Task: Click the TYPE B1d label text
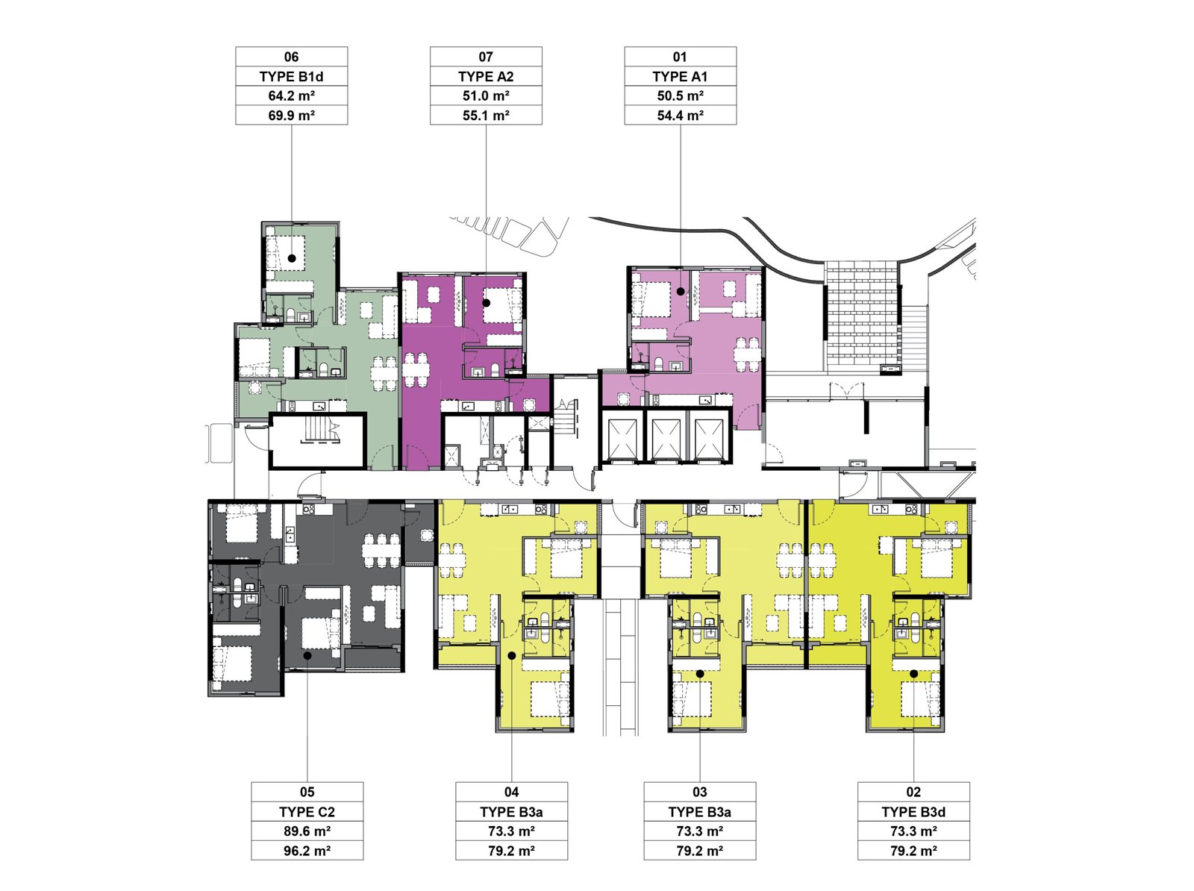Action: click(292, 77)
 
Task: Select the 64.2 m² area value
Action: click(292, 96)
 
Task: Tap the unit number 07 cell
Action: click(486, 57)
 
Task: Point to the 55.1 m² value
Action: click(486, 116)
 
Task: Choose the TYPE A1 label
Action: click(680, 77)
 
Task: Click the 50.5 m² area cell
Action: click(680, 96)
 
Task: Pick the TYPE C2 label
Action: click(307, 812)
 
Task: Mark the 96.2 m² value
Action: click(307, 851)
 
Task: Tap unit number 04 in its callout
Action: click(511, 792)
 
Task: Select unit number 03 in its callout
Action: click(699, 792)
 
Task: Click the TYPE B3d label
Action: click(913, 812)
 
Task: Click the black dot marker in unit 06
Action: click(292, 258)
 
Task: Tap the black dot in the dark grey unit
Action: click(307, 656)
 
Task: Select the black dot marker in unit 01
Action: click(680, 292)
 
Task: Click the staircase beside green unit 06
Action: click(318, 440)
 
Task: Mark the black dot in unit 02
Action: click(914, 674)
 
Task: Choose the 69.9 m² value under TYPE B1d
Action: click(292, 116)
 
